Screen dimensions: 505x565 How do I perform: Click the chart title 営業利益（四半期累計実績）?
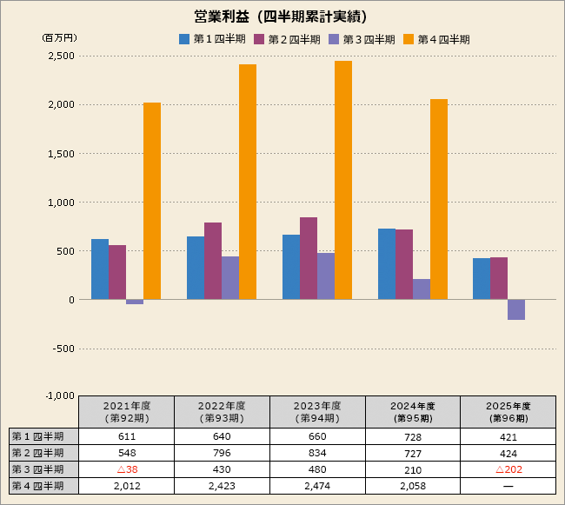[x=281, y=16]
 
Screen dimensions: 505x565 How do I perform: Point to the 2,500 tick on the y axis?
[x=61, y=56]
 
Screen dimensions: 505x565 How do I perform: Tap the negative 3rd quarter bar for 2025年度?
[x=516, y=309]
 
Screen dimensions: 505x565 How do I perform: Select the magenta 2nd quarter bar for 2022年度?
[x=213, y=261]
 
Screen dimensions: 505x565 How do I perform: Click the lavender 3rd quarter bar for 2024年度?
[x=422, y=289]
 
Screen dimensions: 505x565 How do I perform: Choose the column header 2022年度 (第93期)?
[x=222, y=412]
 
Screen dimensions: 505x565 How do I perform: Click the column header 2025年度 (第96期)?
[x=508, y=412]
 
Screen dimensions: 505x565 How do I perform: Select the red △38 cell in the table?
[x=126, y=469]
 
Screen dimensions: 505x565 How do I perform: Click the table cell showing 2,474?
[x=317, y=486]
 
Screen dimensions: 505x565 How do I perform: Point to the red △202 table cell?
[x=508, y=469]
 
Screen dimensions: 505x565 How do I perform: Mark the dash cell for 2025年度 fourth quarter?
[x=508, y=486]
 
